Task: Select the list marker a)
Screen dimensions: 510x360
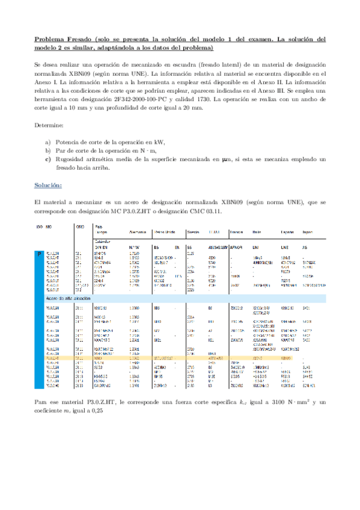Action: pos(48,142)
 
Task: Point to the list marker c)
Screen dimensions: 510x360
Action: pos(48,159)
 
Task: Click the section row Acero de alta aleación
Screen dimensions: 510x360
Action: pos(66,298)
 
